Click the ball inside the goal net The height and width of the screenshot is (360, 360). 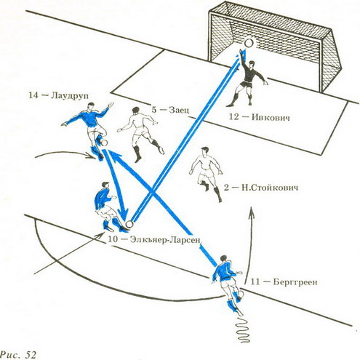coord(249,44)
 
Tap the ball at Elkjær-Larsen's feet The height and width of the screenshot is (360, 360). coord(129,224)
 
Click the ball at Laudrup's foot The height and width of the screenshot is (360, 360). coord(105,143)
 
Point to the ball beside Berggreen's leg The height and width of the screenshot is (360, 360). coord(241,294)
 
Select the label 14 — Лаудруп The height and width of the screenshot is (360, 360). coord(59,95)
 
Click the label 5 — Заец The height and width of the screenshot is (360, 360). coord(170,110)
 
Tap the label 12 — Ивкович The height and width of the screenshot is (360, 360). coord(260,117)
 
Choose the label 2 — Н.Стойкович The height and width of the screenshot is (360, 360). coord(261,188)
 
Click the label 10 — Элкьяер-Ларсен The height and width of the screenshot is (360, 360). coord(155,239)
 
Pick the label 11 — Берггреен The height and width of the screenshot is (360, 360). coord(284,282)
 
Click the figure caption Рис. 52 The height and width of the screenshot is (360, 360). coord(18,355)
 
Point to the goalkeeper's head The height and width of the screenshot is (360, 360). coord(252,65)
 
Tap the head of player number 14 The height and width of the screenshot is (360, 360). coord(91,106)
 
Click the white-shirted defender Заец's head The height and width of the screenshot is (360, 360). coord(136,111)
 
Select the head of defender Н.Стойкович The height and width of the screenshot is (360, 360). coord(204,151)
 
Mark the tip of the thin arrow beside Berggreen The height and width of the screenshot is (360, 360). coord(252,207)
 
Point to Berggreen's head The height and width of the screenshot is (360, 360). coord(225,260)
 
